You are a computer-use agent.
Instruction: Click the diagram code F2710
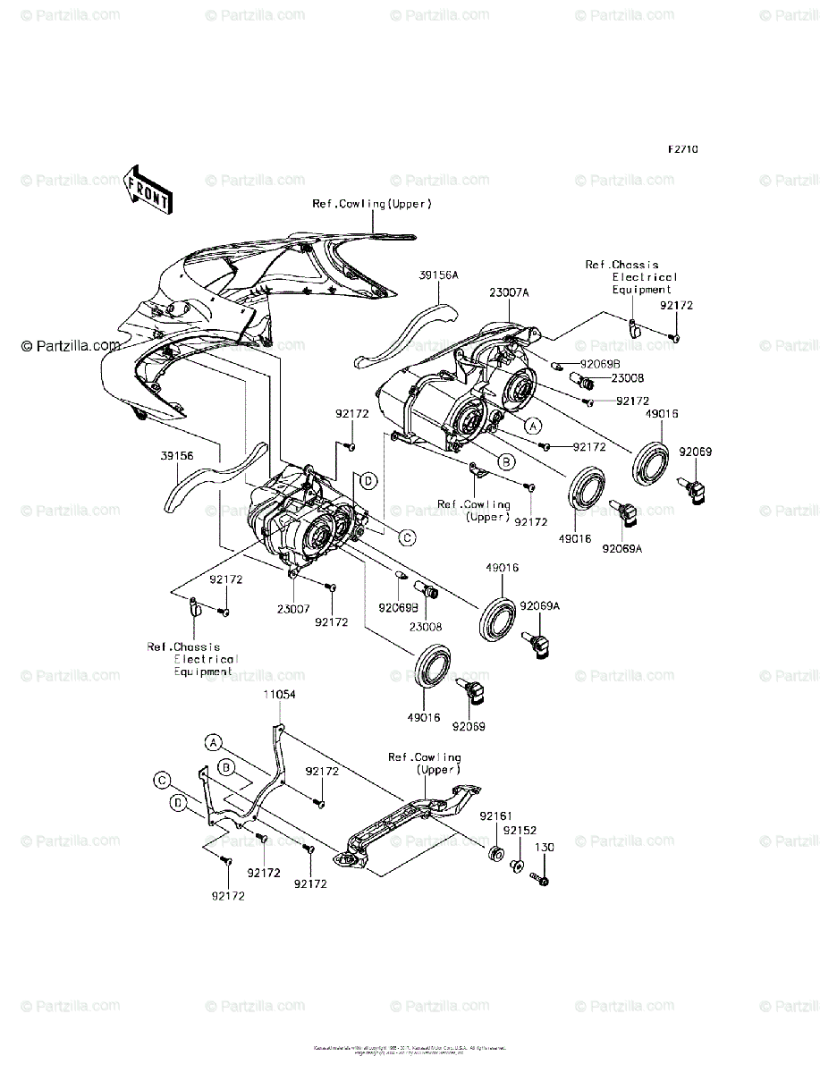click(681, 150)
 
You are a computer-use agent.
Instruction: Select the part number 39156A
click(439, 275)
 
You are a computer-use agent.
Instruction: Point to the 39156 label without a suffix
click(177, 454)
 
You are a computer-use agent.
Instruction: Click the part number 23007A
click(509, 291)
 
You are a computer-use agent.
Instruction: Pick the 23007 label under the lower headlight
click(292, 608)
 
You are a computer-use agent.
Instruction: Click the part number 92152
click(517, 831)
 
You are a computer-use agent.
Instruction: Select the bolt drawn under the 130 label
click(541, 878)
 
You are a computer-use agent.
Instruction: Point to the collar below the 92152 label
click(517, 866)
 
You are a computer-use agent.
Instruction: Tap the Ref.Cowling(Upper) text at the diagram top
click(371, 204)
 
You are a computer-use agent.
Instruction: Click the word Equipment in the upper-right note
click(641, 290)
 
